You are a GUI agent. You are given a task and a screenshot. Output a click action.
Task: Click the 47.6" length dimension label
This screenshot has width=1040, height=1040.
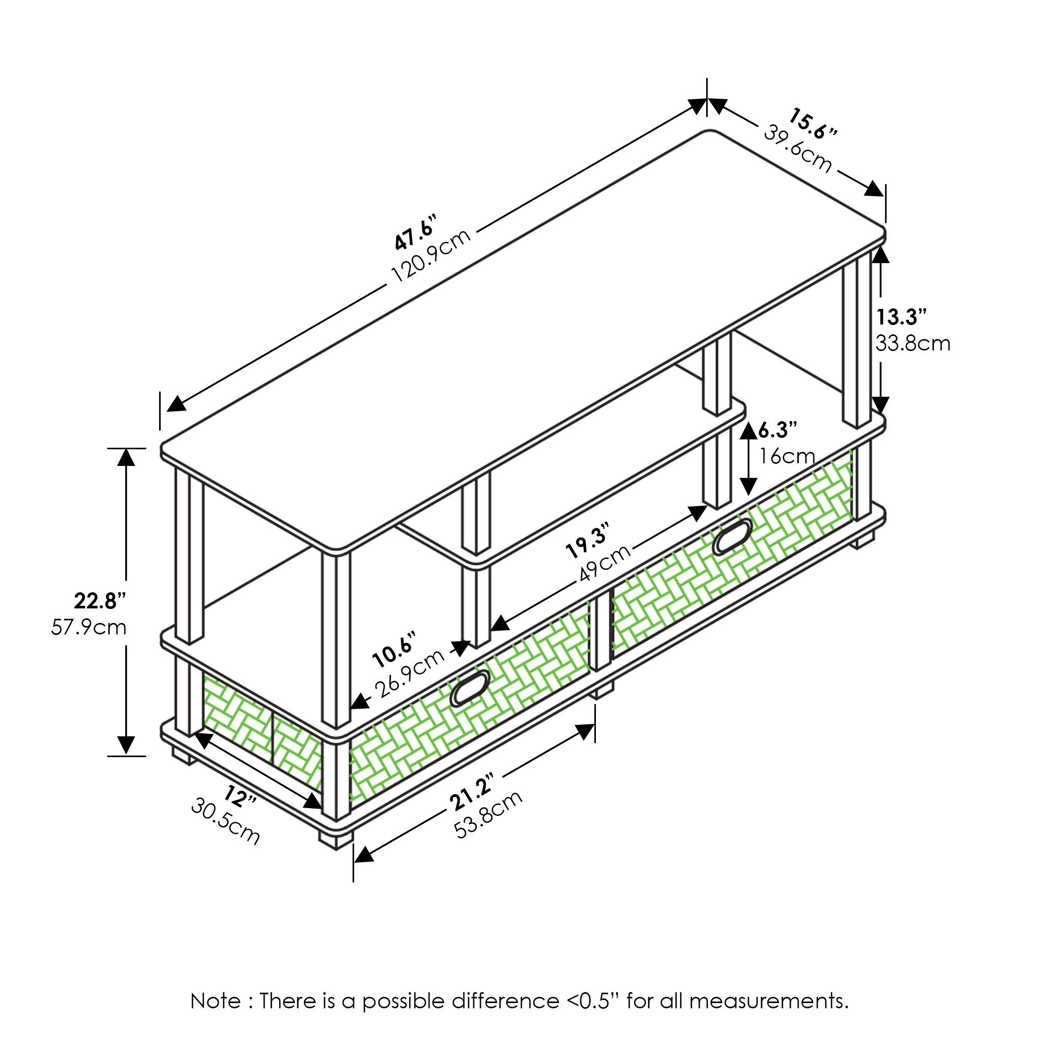(415, 232)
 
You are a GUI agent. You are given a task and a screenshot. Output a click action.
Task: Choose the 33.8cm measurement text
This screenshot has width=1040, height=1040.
(913, 343)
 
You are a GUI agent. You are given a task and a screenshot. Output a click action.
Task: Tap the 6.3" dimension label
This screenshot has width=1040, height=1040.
(777, 430)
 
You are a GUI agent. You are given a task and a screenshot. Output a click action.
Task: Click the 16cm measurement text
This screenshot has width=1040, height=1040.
(787, 456)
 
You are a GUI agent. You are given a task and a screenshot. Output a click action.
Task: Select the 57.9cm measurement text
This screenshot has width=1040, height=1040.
(89, 627)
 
